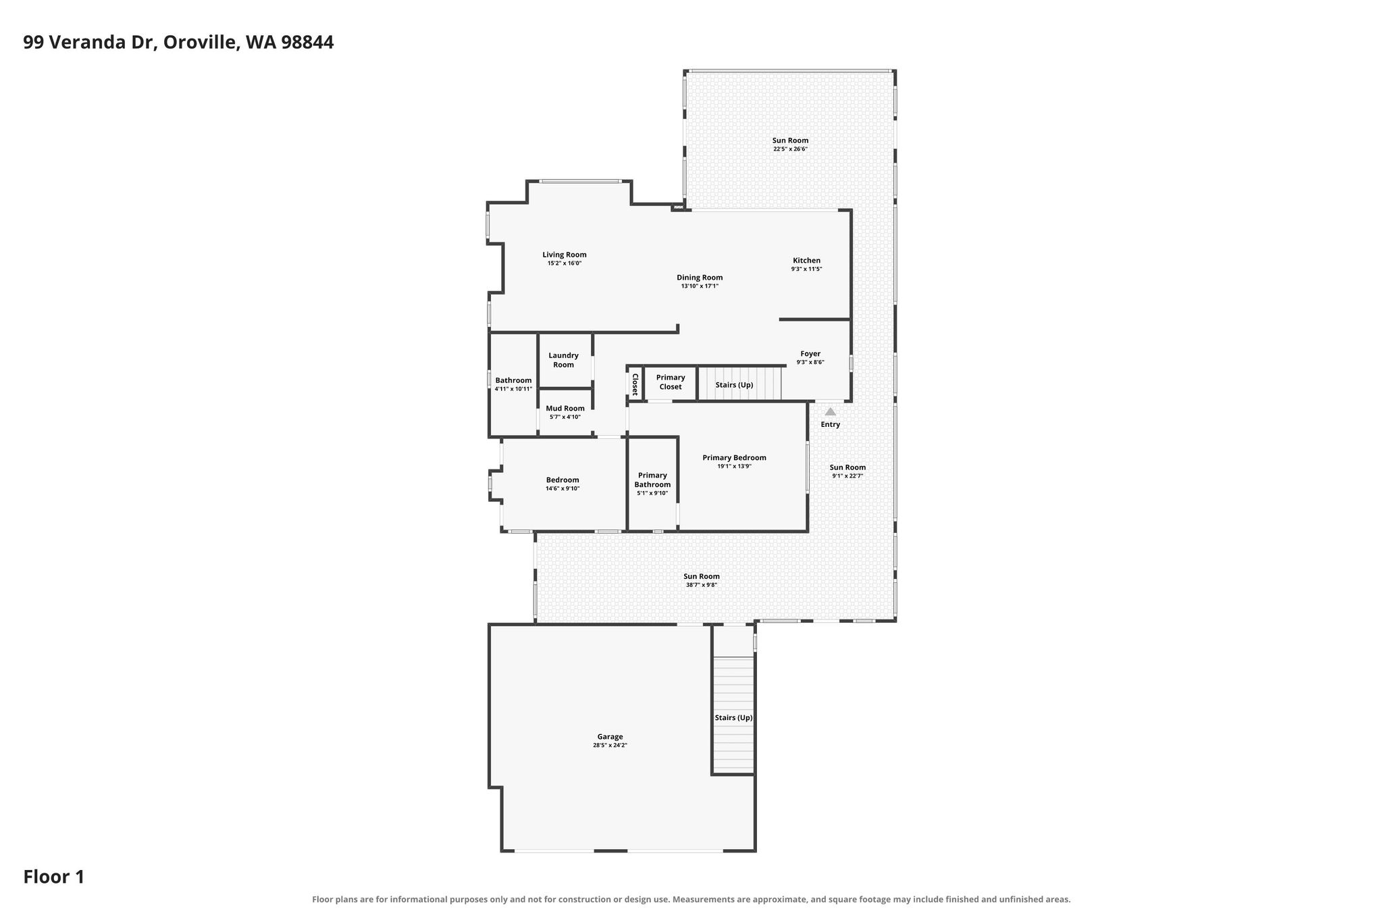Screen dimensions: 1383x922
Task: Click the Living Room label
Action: pyautogui.click(x=565, y=255)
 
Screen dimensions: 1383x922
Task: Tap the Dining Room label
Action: pyautogui.click(x=700, y=278)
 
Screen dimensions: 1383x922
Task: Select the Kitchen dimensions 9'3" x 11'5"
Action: pyautogui.click(x=806, y=269)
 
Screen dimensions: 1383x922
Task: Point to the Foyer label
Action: pyautogui.click(x=810, y=353)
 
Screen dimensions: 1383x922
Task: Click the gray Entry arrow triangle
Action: pyautogui.click(x=831, y=411)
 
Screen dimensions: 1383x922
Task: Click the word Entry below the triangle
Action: pyautogui.click(x=831, y=425)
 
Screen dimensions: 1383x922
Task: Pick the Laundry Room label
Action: pyautogui.click(x=564, y=360)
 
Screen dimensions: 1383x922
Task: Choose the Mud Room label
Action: pyautogui.click(x=565, y=408)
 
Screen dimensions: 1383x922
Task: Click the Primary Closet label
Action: pyautogui.click(x=671, y=382)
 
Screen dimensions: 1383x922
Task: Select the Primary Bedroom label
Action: pyautogui.click(x=734, y=457)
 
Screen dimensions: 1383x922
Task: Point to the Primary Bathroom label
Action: pyautogui.click(x=652, y=480)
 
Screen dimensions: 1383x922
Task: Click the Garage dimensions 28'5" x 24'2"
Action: pyautogui.click(x=610, y=745)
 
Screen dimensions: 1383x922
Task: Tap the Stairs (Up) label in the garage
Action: pyautogui.click(x=733, y=717)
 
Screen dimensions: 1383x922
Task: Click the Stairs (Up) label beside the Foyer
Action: pyautogui.click(x=734, y=385)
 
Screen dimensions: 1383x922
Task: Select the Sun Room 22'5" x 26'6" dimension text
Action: pyautogui.click(x=790, y=149)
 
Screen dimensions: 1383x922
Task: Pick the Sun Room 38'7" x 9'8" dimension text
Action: pyautogui.click(x=701, y=585)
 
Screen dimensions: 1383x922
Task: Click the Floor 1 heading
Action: pyautogui.click(x=54, y=877)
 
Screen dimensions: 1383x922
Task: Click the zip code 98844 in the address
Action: pyautogui.click(x=307, y=43)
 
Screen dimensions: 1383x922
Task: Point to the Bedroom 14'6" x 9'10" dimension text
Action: pyautogui.click(x=563, y=488)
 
